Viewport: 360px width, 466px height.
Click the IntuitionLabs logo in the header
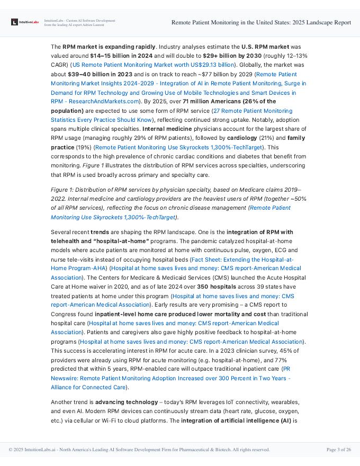point(25,22)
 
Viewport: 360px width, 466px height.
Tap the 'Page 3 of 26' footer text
point(338,450)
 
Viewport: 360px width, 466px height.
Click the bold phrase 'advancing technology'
point(126,402)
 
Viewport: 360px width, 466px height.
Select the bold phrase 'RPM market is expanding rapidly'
point(109,47)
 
